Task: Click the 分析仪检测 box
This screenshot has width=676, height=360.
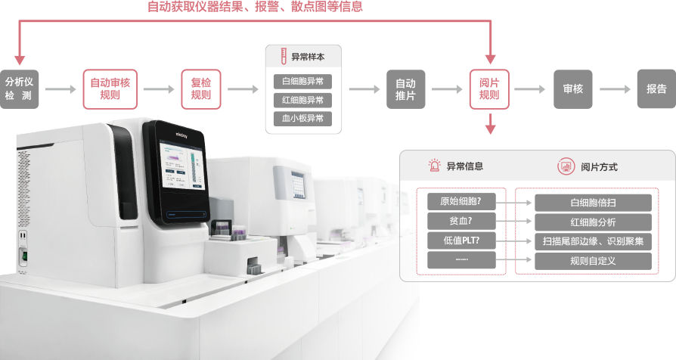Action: coord(19,88)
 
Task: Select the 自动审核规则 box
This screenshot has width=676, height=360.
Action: coord(110,88)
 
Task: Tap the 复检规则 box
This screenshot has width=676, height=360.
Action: coord(201,88)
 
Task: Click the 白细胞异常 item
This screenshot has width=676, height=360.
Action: coord(302,81)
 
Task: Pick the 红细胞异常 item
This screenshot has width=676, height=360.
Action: coord(302,100)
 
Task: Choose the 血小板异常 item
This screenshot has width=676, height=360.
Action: coord(302,119)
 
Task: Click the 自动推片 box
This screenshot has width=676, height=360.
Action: coord(406,88)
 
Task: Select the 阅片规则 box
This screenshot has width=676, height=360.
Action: coord(489,88)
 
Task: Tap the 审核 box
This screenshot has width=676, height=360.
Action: coord(572,88)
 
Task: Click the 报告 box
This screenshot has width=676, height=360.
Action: coord(656,88)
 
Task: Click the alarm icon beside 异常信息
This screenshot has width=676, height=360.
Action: coord(434,166)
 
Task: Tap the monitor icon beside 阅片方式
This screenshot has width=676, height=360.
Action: coord(565,166)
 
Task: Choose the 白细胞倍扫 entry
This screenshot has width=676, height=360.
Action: coord(593,203)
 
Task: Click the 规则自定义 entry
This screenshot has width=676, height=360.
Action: coord(593,261)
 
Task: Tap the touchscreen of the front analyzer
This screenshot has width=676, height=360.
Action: coord(180,170)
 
